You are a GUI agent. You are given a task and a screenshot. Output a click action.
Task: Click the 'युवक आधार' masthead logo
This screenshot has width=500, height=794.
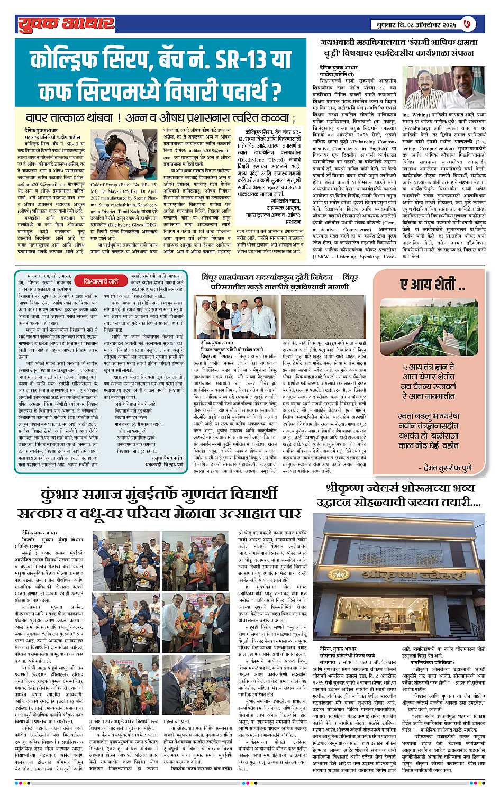coord(66,23)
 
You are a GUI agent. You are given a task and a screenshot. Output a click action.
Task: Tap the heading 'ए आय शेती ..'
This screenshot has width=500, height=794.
coord(432,285)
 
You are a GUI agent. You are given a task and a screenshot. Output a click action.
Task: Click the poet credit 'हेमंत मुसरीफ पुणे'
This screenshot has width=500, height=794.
coord(447,468)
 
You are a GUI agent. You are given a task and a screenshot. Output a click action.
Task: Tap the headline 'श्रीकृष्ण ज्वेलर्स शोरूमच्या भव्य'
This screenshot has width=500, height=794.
coord(403,489)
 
